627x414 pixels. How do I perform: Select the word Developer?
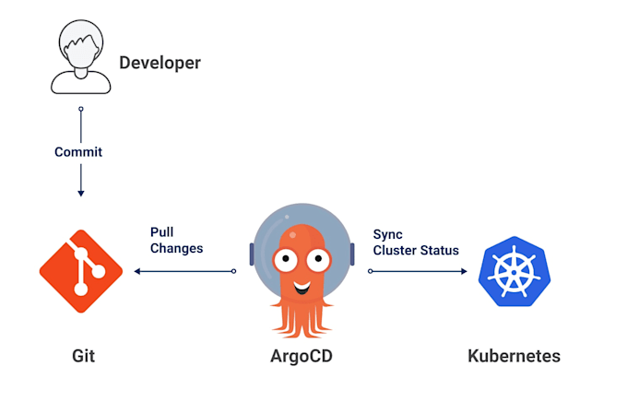pyautogui.click(x=160, y=64)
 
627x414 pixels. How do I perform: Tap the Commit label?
pyautogui.click(x=78, y=151)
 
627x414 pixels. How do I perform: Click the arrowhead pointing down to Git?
pyautogui.click(x=81, y=193)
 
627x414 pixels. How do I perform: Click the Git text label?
pyautogui.click(x=83, y=356)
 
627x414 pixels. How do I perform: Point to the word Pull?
pyautogui.click(x=162, y=233)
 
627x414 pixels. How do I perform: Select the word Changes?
pyautogui.click(x=176, y=249)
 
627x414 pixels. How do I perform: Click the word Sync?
pyautogui.click(x=387, y=235)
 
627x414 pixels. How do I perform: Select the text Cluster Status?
pyautogui.click(x=415, y=250)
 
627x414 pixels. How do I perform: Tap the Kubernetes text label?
pyautogui.click(x=514, y=356)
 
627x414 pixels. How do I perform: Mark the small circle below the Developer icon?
pyautogui.click(x=81, y=109)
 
